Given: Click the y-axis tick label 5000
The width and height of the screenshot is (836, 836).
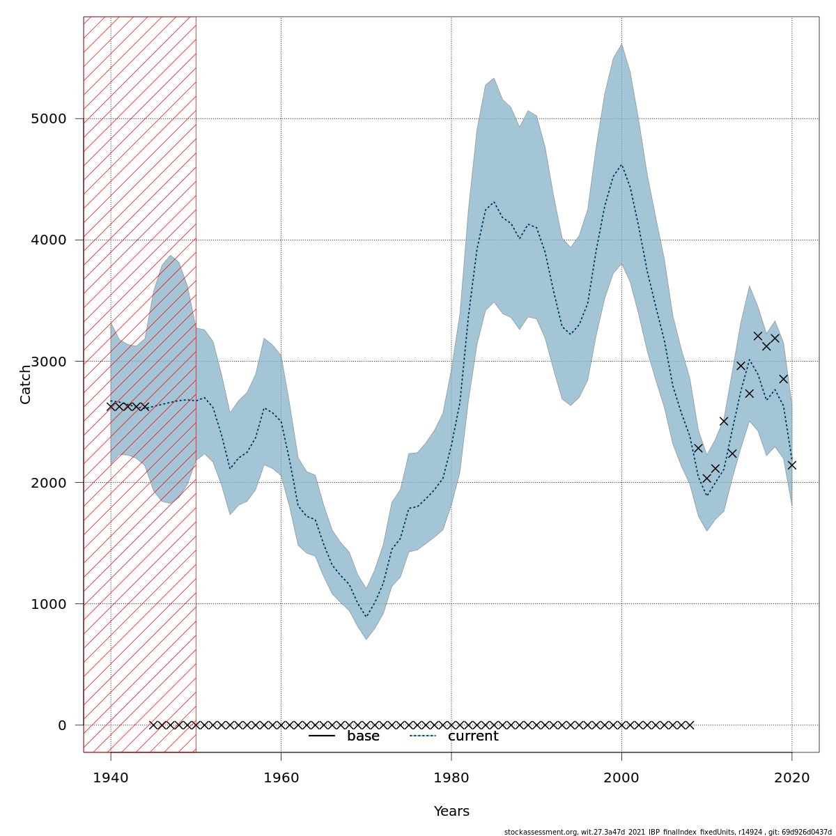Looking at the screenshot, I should pyautogui.click(x=48, y=118).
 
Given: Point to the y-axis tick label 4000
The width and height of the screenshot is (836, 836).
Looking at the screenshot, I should pyautogui.click(x=48, y=240).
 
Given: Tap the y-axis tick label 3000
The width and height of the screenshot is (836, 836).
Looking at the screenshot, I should pyautogui.click(x=48, y=361).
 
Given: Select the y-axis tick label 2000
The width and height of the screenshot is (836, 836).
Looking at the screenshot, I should pyautogui.click(x=48, y=482).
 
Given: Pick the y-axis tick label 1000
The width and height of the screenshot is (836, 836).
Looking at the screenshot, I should pyautogui.click(x=48, y=603).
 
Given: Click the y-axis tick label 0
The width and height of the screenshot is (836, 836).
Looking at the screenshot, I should pyautogui.click(x=62, y=725).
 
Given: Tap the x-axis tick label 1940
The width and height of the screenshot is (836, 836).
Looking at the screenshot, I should pyautogui.click(x=111, y=777).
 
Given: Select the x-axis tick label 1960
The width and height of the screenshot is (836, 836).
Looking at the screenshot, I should pyautogui.click(x=281, y=777).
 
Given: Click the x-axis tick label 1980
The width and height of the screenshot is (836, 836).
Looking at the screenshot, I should pyautogui.click(x=451, y=777).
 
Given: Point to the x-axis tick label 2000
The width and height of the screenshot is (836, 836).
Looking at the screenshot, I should pyautogui.click(x=621, y=777).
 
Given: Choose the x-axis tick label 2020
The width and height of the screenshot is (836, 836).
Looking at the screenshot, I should pyautogui.click(x=791, y=777).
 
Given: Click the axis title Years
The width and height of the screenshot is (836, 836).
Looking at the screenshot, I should pyautogui.click(x=451, y=812).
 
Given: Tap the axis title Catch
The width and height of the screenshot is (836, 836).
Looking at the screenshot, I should pyautogui.click(x=26, y=384).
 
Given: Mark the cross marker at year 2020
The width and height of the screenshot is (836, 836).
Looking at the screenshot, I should pyautogui.click(x=791, y=465).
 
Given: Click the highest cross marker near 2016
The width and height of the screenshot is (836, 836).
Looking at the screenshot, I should pyautogui.click(x=758, y=336).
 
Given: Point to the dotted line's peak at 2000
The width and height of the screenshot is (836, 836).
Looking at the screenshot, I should pyautogui.click(x=621, y=165).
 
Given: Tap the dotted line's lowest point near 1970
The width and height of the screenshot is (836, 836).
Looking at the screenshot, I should pyautogui.click(x=366, y=617).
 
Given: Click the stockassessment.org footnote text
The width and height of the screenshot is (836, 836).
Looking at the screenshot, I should pyautogui.click(x=667, y=832).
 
